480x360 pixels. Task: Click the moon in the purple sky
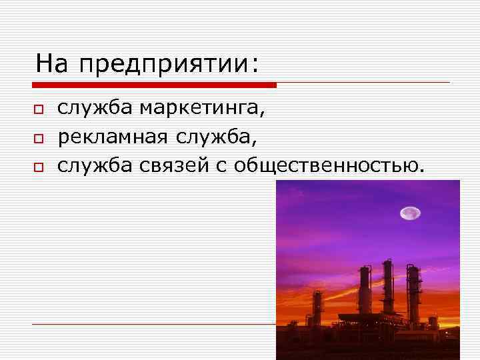pos(409,213)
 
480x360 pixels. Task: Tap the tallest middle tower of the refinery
pos(386,287)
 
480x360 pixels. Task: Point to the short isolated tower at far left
pos(318,310)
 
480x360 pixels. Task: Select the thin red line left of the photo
pos(153,324)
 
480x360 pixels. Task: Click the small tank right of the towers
pos(434,323)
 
